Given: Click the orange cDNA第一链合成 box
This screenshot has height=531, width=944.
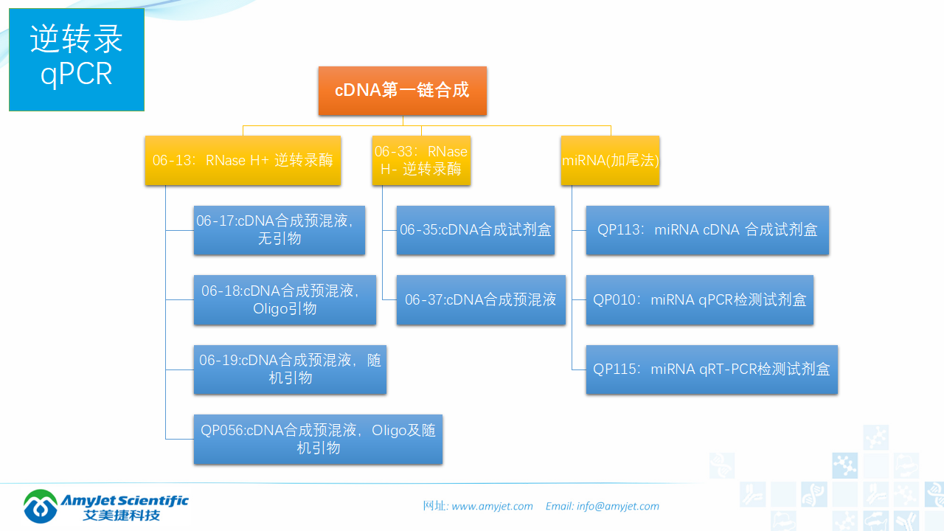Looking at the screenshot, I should point(402,91).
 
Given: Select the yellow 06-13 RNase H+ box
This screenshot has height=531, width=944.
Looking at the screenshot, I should point(243,160).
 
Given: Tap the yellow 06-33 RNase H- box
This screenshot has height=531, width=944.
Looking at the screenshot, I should point(421,160).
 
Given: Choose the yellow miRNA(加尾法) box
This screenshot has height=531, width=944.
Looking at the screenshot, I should point(610,160).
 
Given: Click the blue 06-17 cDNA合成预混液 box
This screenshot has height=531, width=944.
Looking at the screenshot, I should point(280,230).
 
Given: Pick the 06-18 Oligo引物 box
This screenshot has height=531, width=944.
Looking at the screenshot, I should point(285,299).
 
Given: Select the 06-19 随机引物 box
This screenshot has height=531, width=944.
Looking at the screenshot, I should point(290,369).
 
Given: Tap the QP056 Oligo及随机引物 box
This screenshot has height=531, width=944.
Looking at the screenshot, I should point(318,439).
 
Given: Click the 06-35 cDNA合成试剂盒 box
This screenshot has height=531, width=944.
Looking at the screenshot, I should point(475,230).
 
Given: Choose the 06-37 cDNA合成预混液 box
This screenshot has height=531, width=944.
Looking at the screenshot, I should point(480,299).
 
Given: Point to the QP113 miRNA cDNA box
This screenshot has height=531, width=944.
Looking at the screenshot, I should point(707,230).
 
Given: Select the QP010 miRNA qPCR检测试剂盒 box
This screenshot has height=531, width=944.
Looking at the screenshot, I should point(699,299).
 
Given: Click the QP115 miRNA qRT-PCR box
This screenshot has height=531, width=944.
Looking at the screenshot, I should point(712,369).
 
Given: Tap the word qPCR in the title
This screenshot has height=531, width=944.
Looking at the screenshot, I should point(77,74).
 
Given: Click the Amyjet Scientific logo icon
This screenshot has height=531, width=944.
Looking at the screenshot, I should point(41,506).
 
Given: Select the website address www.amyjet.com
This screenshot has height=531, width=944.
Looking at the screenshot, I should point(492,506).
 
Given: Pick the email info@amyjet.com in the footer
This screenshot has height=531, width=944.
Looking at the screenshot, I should point(618,506).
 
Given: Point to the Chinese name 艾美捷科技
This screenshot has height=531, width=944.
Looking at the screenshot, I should point(122,515).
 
